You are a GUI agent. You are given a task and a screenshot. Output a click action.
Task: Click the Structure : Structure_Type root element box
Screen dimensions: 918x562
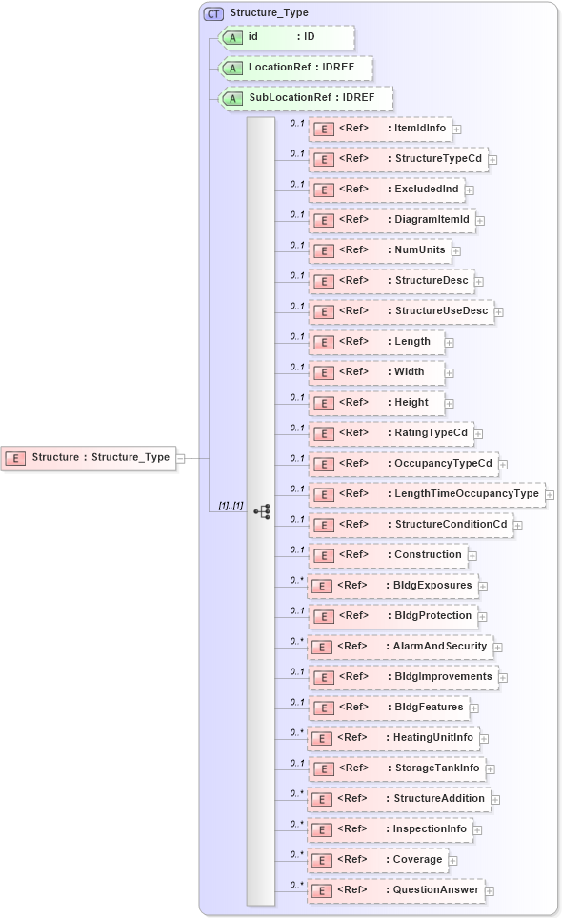point(88,458)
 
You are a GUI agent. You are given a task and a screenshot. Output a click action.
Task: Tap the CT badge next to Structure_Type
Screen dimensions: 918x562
point(213,14)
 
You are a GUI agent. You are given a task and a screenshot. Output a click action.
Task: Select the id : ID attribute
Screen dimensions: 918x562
point(287,37)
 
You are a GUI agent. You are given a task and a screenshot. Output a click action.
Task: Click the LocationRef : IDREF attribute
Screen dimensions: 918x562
point(296,69)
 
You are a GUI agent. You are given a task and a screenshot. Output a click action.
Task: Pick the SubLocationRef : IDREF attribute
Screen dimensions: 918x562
point(306,98)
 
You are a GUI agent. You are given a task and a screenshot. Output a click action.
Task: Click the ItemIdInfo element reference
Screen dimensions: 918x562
point(380,129)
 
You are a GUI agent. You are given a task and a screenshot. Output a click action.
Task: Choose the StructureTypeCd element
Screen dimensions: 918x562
point(398,159)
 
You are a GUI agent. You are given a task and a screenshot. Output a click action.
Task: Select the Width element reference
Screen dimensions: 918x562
point(376,372)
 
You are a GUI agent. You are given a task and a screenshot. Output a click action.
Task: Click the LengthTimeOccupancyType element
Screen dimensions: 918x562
point(426,494)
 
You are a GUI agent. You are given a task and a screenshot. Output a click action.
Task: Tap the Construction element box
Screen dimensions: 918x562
point(388,555)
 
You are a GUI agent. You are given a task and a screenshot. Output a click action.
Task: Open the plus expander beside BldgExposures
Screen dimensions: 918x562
point(484,587)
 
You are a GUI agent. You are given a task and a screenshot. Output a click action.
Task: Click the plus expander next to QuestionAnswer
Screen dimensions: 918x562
point(490,891)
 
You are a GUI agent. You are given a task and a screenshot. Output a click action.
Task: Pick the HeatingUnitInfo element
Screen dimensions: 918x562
point(393,738)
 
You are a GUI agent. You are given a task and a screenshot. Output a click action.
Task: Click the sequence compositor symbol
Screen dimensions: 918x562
point(261,511)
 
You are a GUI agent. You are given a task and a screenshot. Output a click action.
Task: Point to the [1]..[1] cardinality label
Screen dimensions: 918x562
point(231,505)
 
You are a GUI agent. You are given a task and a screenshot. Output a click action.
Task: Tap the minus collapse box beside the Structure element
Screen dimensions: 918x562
point(180,458)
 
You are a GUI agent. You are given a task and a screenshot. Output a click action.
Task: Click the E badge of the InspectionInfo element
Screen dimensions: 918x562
point(324,829)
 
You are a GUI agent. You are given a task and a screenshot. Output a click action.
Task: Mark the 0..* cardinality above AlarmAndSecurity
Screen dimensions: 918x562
point(296,641)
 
